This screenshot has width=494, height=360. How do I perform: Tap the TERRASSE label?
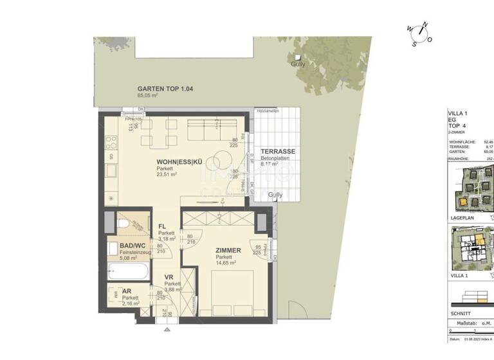pos(278,152)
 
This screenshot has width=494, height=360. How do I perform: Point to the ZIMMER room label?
pos(228,250)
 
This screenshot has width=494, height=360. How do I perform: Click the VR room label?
pos(169,277)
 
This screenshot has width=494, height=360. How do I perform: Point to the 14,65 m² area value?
pos(226,263)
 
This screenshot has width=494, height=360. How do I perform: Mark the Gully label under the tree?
pos(297,64)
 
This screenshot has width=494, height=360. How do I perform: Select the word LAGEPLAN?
pos(461,218)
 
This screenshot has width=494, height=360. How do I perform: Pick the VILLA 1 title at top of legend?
pos(457,114)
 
